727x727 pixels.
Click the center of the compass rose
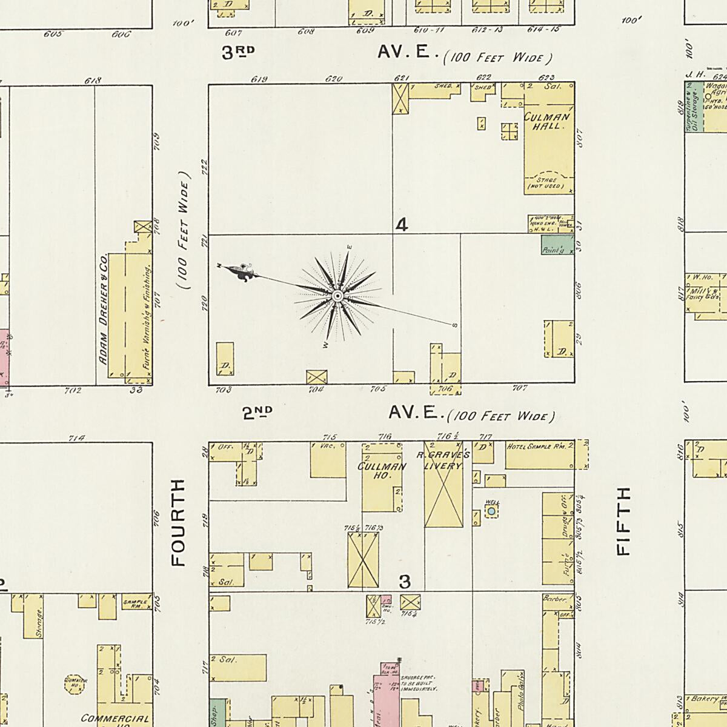pos(337,296)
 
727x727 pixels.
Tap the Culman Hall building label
pos(547,121)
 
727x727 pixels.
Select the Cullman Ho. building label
pos(382,471)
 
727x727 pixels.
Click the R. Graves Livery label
pos(443,460)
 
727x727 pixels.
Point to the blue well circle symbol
pos(491,512)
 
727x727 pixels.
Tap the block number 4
pos(401,225)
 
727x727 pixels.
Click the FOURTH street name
pos(178,523)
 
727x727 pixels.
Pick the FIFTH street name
pos(623,520)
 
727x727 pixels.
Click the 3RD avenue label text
pos(237,53)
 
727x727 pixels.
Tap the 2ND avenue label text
pos(257,413)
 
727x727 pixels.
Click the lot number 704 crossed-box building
pos(316,376)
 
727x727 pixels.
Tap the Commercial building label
pos(115,719)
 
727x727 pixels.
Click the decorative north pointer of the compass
pos(241,273)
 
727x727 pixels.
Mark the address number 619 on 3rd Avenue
pos(259,79)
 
